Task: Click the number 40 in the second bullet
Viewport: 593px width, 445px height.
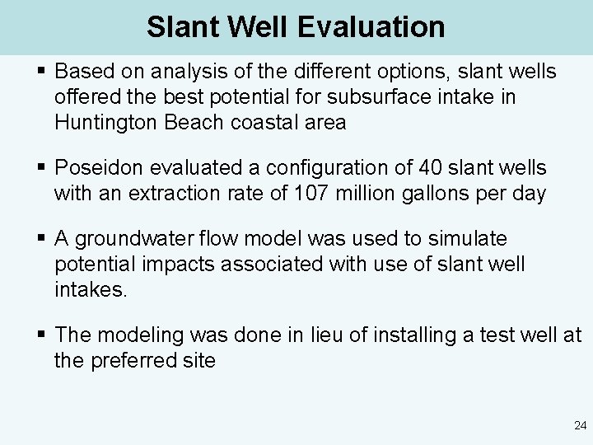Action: coord(432,168)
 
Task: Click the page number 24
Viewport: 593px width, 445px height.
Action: coord(580,426)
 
